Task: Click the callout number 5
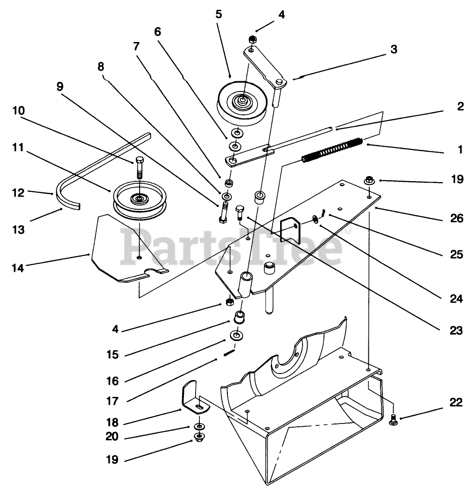pos(218,14)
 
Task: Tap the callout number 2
pos(460,106)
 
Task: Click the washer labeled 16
pos(236,336)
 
